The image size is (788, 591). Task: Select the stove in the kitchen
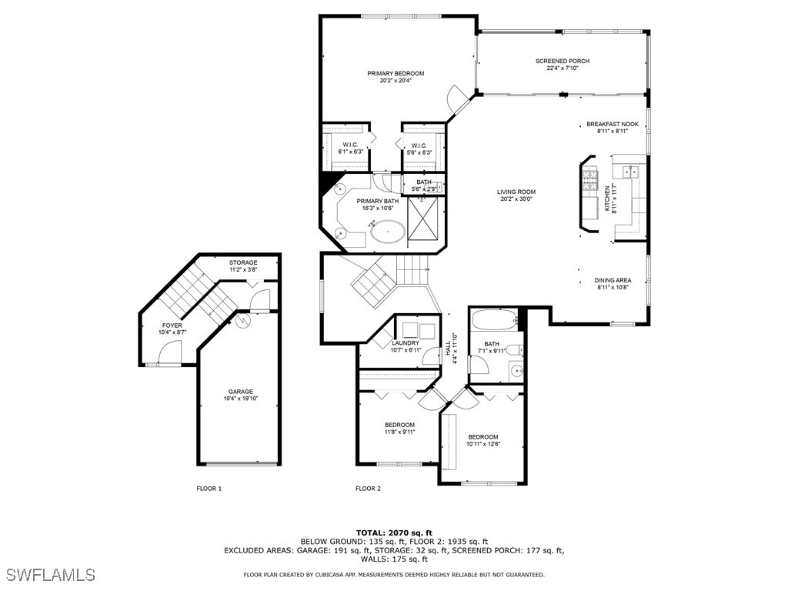click(590, 180)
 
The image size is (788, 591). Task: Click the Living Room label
click(516, 192)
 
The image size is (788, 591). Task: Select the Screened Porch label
click(563, 61)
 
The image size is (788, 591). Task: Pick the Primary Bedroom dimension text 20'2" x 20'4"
click(396, 81)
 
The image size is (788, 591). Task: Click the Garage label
click(240, 392)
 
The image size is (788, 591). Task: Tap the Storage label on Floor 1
click(243, 262)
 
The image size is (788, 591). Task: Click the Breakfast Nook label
click(613, 124)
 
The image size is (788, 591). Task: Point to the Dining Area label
click(613, 280)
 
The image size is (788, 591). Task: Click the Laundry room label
click(406, 343)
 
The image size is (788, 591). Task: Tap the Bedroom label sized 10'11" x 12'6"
click(483, 437)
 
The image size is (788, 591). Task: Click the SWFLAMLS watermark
click(51, 574)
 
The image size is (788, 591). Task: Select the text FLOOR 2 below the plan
click(368, 488)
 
